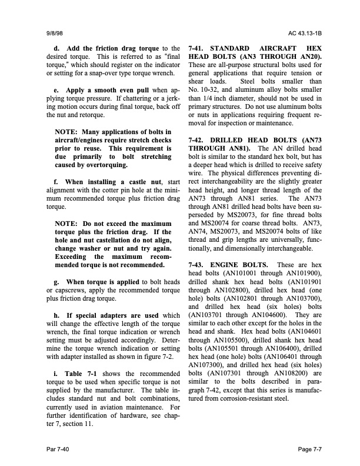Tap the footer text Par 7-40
click(x=58, y=450)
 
